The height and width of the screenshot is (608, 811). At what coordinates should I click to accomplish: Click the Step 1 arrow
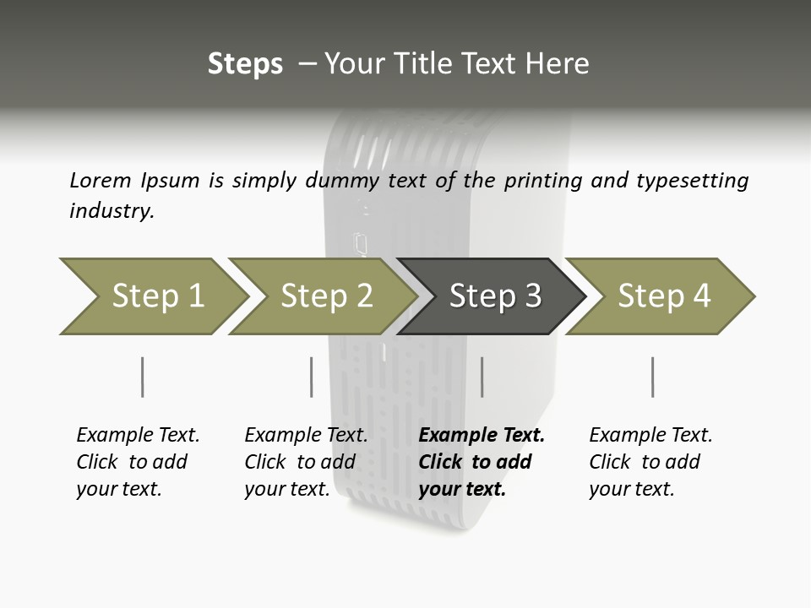pos(156,296)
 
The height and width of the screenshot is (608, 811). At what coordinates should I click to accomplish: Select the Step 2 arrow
pos(325,296)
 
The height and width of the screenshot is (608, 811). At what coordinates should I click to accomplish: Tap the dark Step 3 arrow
pos(494,296)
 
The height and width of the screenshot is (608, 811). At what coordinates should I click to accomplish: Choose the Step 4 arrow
pos(663,296)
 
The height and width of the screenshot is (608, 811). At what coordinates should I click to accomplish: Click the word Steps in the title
pos(245,64)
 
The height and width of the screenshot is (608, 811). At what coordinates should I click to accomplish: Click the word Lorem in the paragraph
pos(100,181)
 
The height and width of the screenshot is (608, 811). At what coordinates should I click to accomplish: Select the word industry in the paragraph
pos(112,211)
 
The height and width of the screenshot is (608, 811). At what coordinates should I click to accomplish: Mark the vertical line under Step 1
pos(142,377)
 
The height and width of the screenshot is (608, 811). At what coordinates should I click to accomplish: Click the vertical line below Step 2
pos(312,377)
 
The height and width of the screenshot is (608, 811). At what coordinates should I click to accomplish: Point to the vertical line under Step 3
pos(482,377)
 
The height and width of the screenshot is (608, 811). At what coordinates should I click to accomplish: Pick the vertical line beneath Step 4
pos(652,377)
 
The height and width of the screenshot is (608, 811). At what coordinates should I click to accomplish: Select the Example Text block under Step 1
pos(138,462)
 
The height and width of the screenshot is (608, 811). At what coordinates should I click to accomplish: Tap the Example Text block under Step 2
pos(306,462)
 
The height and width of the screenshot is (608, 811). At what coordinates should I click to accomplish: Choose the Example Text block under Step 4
pos(650,462)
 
